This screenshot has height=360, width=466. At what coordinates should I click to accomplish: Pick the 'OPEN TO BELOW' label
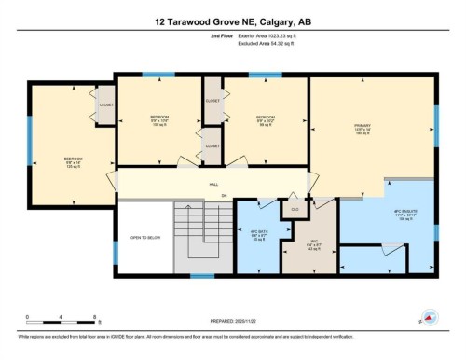(x=147, y=238)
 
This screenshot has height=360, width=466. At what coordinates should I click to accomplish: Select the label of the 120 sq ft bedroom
(x=74, y=162)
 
